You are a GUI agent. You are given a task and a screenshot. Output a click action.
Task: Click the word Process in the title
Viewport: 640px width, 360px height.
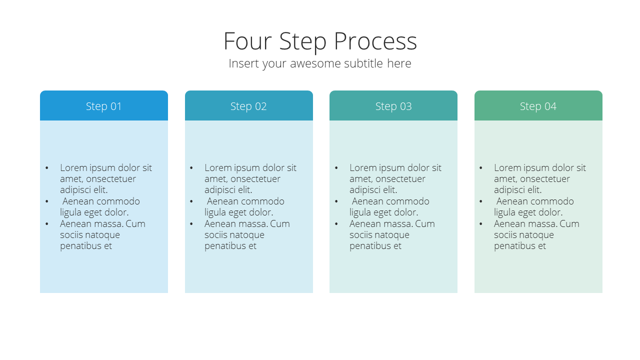375,41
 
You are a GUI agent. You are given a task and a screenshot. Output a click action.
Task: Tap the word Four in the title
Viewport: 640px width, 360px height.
247,41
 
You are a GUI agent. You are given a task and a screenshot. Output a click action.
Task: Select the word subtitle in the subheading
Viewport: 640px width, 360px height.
363,63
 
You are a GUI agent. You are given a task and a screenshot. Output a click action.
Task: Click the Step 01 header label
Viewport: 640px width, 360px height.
103,106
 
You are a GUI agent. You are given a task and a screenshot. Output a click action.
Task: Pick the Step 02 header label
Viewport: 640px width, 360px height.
248,106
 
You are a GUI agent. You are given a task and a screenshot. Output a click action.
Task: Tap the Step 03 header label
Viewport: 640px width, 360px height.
393,106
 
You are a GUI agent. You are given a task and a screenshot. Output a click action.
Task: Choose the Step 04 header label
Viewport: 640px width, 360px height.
538,106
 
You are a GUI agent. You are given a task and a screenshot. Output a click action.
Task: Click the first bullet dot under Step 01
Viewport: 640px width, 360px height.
47,168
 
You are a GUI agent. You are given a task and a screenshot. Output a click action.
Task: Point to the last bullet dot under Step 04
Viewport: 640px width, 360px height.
481,224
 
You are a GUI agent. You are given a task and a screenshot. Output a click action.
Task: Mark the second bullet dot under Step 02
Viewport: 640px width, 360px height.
191,201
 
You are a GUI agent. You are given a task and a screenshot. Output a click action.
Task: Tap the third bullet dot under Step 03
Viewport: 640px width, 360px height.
336,224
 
